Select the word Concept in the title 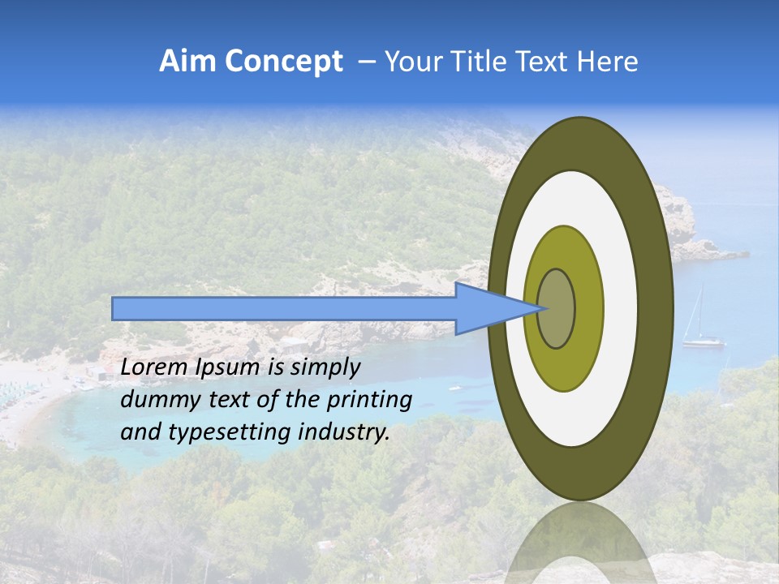(284, 62)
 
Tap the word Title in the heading (475, 62)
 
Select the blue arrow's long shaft (284, 308)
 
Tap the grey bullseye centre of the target (557, 308)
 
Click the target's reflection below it (580, 543)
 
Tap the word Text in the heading (544, 62)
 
